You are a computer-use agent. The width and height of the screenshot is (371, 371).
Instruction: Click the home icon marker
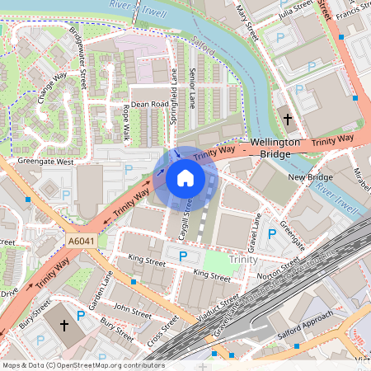[185, 177]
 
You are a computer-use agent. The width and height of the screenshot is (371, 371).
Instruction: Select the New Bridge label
[309, 177]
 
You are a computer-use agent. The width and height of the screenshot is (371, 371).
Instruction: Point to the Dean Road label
[149, 105]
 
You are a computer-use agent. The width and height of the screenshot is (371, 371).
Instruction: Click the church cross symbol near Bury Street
[64, 326]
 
